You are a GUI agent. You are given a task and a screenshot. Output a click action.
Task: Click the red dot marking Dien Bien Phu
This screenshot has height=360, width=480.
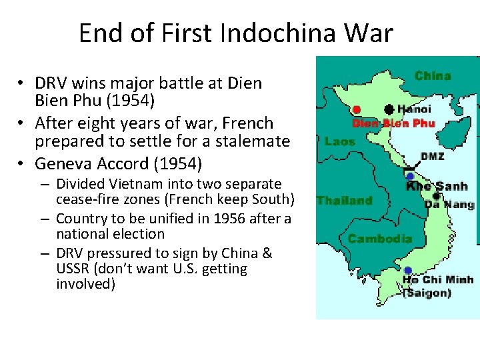coord(357,109)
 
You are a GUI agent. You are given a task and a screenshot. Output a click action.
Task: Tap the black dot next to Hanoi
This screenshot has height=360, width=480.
coord(388,108)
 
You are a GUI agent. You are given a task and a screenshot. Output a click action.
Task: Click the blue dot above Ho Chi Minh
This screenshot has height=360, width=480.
coord(407,270)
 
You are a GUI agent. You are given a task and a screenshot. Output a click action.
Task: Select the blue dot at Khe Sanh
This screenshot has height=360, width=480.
coord(410,176)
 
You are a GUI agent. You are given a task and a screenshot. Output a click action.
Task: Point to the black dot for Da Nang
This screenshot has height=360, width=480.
coord(435,196)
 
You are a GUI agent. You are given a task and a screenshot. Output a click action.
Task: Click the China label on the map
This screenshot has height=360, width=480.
coord(432,76)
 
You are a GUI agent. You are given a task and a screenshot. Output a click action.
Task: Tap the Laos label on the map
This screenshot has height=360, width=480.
coord(339,141)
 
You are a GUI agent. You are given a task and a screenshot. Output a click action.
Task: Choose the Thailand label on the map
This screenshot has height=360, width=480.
coord(344,200)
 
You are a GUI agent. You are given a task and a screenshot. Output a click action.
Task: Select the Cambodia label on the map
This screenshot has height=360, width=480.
coord(380,238)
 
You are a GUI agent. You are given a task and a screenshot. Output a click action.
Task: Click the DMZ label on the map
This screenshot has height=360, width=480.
coord(432,157)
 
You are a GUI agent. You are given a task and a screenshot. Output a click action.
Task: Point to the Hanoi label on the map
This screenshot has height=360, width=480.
coord(414,109)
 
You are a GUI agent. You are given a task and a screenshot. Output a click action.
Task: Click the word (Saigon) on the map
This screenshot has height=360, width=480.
coord(427,293)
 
